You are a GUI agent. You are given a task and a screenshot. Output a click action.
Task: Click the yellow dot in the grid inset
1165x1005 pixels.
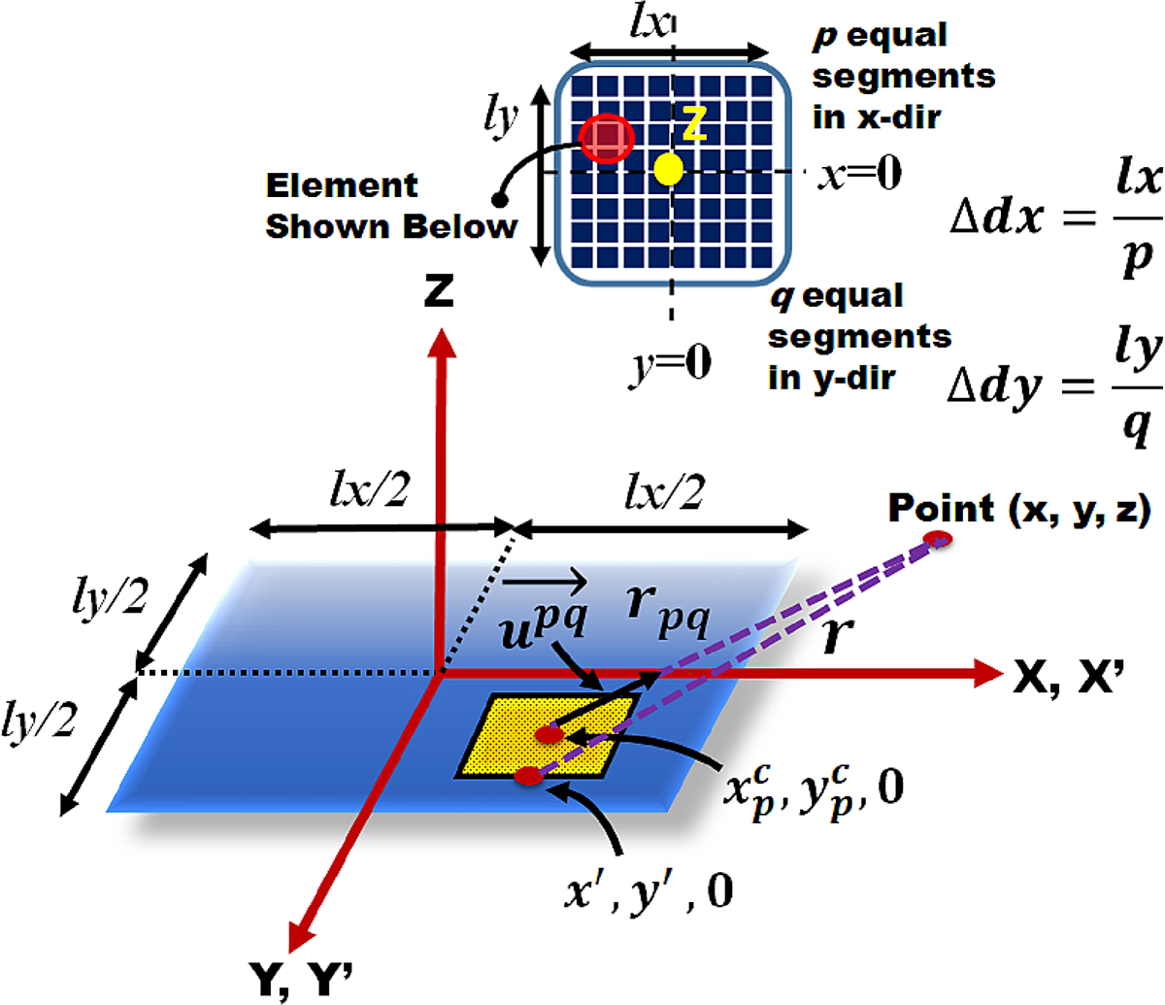(669, 169)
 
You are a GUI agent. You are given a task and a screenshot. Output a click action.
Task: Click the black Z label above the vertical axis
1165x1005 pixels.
(439, 291)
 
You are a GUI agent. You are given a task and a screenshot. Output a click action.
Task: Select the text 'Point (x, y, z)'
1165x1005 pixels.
(1019, 509)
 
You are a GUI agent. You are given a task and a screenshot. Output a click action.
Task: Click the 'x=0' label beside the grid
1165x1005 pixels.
(859, 173)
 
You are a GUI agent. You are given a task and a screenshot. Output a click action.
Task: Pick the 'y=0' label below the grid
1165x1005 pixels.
(670, 366)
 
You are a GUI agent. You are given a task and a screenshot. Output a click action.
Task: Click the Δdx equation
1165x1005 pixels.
(1055, 219)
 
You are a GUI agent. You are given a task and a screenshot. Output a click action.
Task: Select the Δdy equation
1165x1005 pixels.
(1054, 389)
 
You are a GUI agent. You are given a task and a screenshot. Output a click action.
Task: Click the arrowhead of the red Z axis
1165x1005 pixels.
(442, 344)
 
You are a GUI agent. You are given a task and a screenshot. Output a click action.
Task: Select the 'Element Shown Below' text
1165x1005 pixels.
(391, 206)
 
